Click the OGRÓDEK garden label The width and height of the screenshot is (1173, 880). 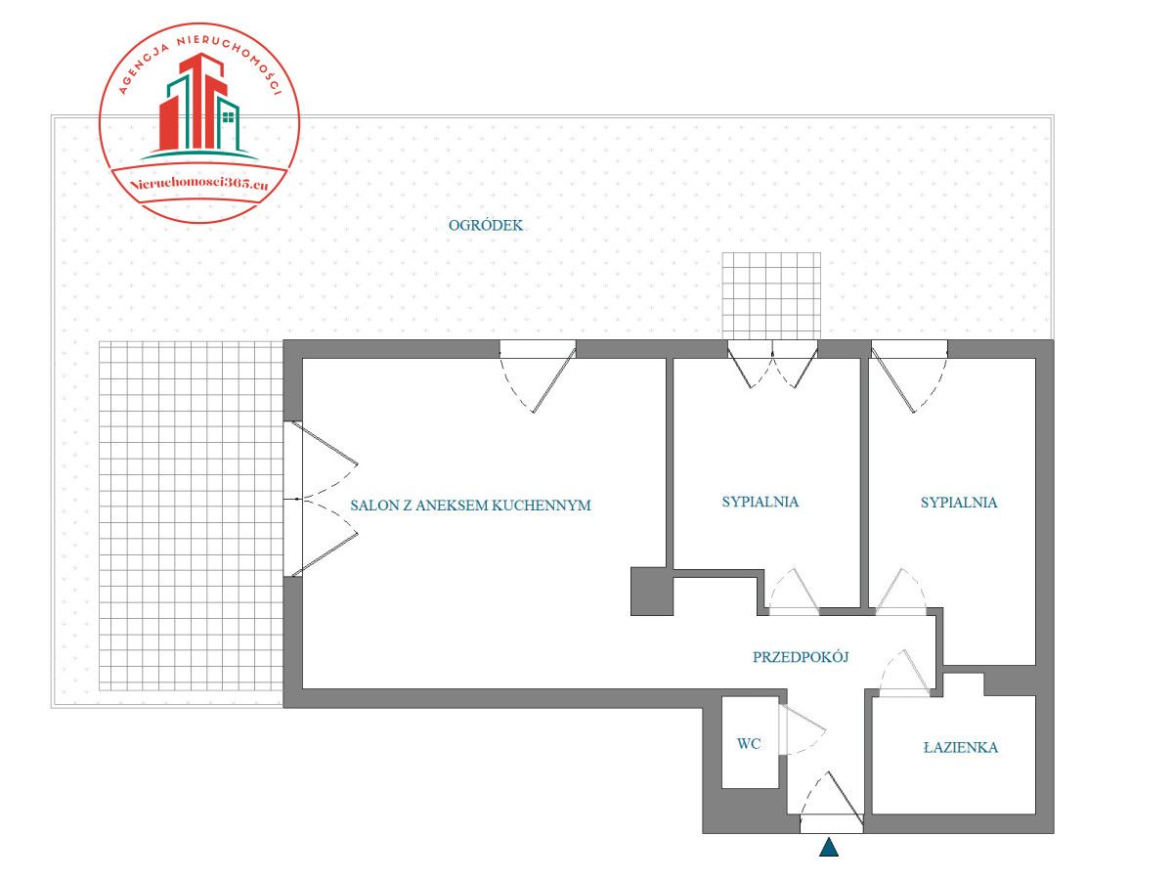486,226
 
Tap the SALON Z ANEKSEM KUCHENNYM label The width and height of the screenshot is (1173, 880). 470,506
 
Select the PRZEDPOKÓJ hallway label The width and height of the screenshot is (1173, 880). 800,657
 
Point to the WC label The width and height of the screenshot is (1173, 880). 749,744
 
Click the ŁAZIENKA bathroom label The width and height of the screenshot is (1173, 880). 960,748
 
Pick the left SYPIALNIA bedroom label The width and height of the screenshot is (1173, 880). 760,502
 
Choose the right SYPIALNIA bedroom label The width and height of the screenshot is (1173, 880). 958,503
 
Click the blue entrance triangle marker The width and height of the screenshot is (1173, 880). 829,848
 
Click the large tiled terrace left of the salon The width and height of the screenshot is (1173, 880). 191,518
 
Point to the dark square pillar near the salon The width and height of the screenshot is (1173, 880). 651,591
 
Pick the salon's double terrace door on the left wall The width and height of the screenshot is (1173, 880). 323,500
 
